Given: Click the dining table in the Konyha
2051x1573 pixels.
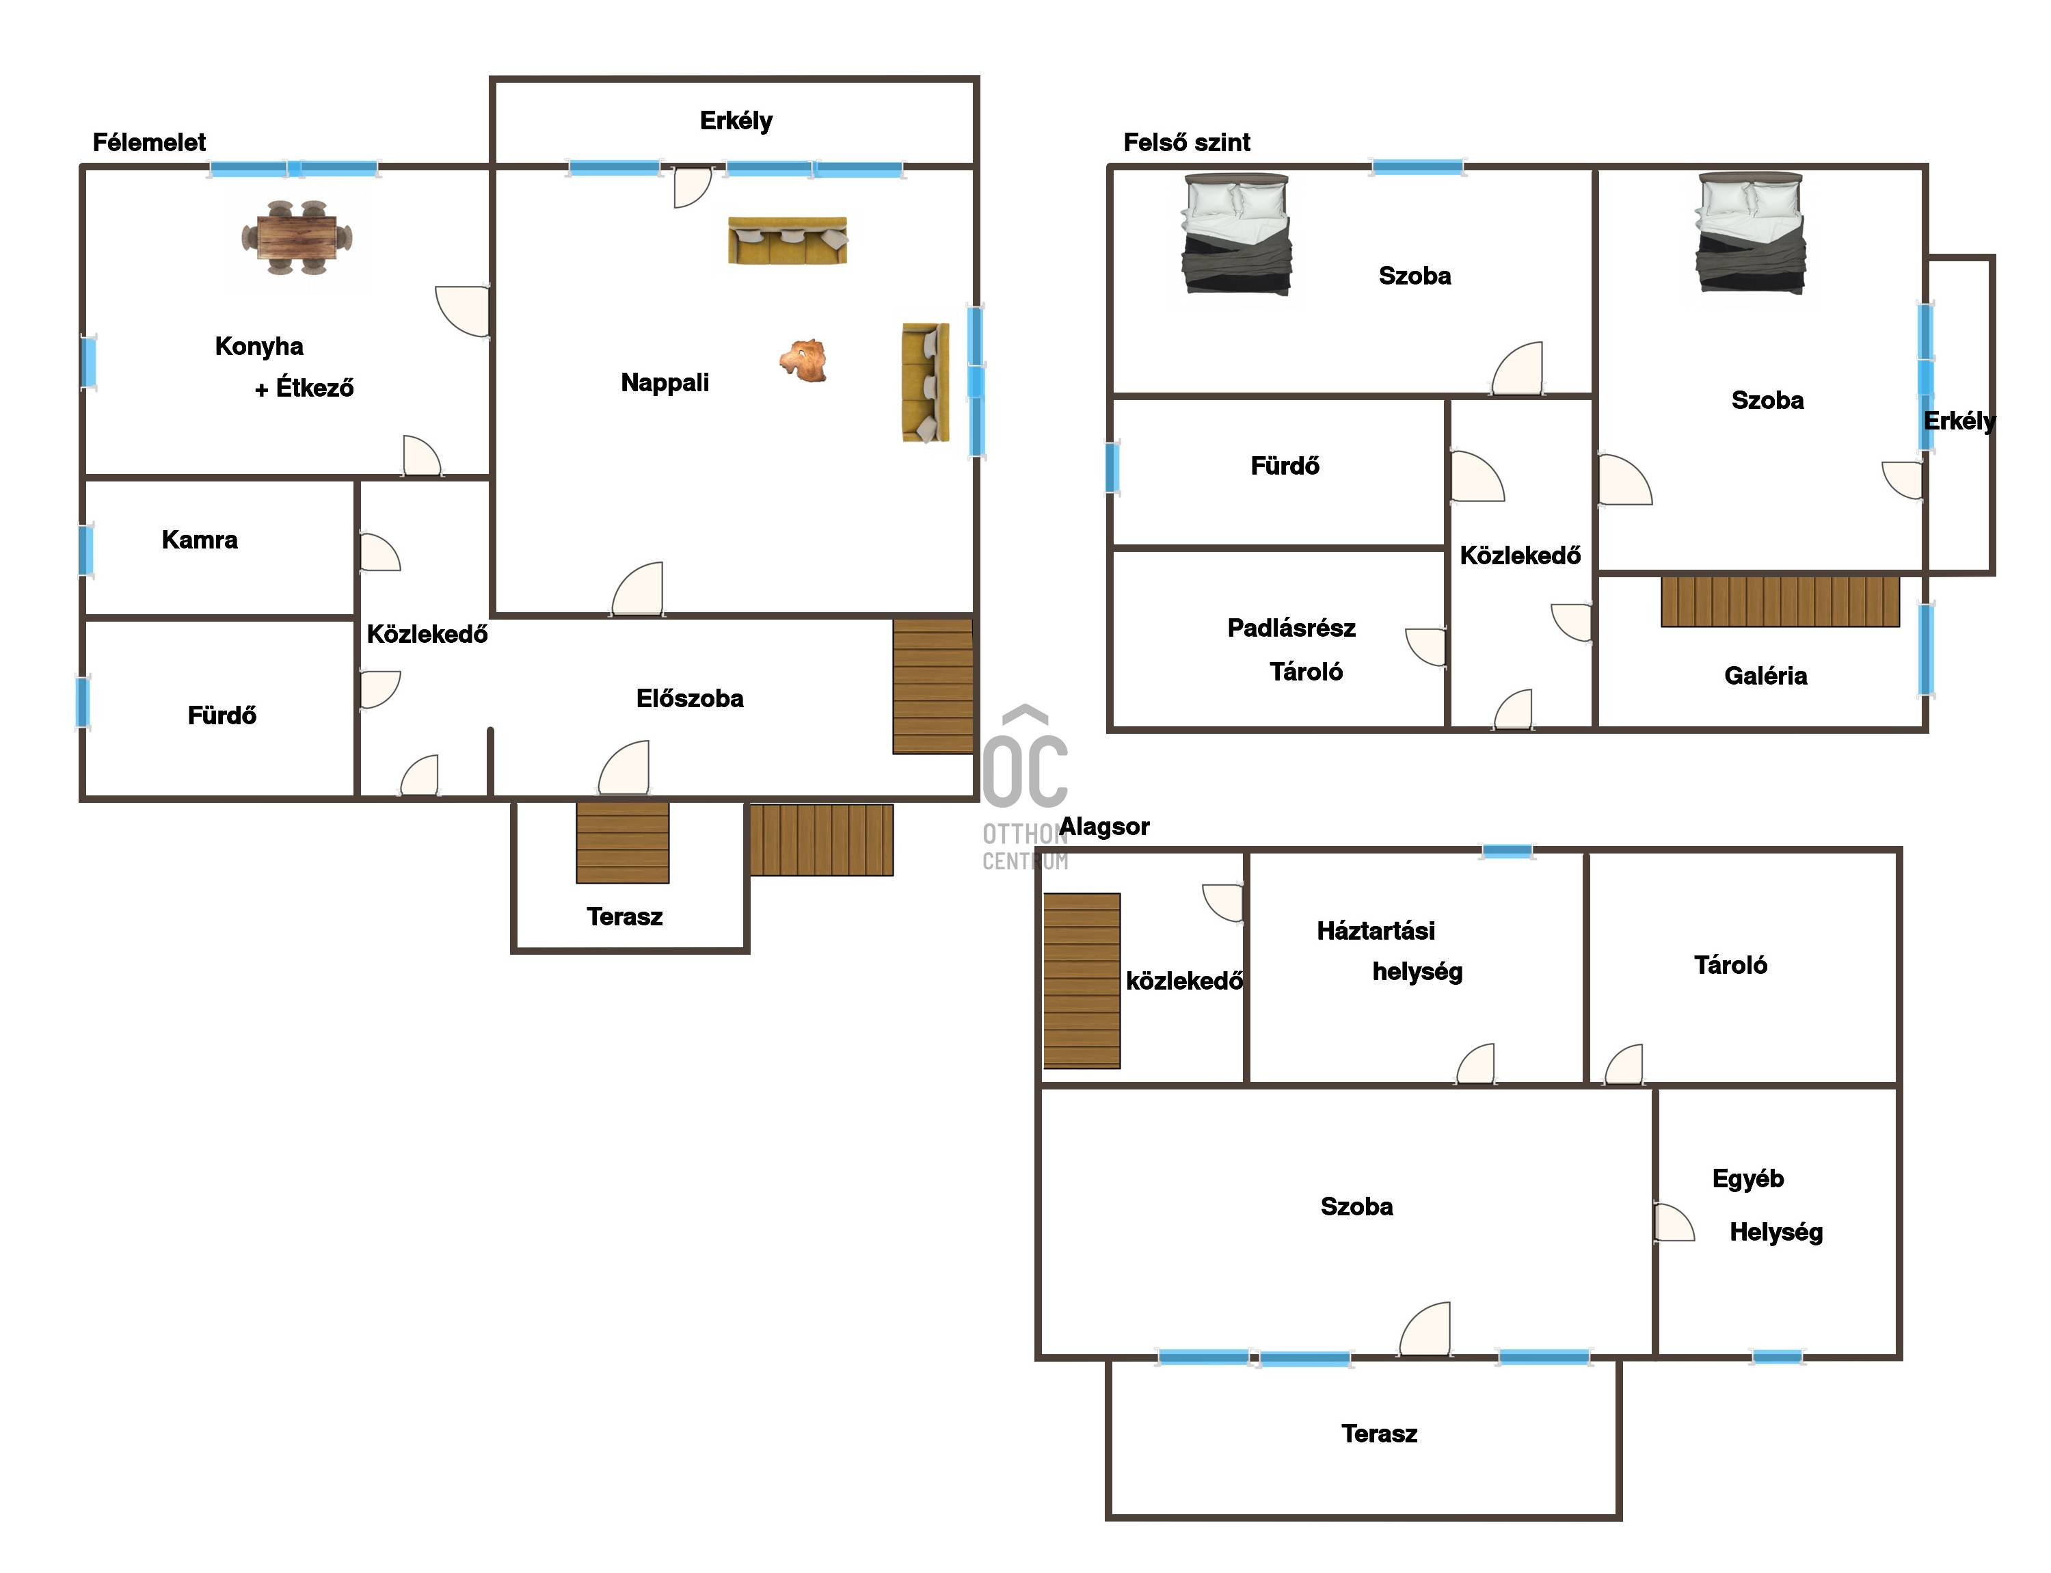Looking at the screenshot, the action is pos(297,238).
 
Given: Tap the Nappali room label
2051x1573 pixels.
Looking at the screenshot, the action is pos(665,382).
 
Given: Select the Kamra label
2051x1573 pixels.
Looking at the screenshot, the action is pos(200,540).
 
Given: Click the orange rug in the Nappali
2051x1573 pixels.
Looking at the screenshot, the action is pos(804,360).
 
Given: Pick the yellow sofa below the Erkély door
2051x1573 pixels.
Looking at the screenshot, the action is pos(788,241).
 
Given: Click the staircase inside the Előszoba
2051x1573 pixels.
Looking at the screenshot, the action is pos(933,687).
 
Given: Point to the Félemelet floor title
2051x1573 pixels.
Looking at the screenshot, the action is pos(149,142).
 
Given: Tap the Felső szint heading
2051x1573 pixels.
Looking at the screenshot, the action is pos(1186,142).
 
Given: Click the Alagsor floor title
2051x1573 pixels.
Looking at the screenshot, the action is pos(1105,827).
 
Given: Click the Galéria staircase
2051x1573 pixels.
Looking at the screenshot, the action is pos(1780,601).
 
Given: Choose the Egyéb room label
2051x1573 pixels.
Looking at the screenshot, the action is pos(1747,1179).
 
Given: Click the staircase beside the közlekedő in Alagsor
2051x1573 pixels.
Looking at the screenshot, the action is pos(1082,980).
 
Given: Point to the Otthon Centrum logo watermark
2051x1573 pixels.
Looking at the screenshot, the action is pos(1025,787).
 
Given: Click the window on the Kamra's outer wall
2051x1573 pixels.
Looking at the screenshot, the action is pos(85,550).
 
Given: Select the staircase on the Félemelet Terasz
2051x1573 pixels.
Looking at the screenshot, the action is pos(623,843).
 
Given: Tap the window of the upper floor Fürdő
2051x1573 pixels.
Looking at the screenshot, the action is pos(1112,467).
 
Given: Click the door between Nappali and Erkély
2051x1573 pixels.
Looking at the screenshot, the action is pos(692,186).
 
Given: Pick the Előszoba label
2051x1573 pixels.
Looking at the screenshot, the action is pos(690,698).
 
